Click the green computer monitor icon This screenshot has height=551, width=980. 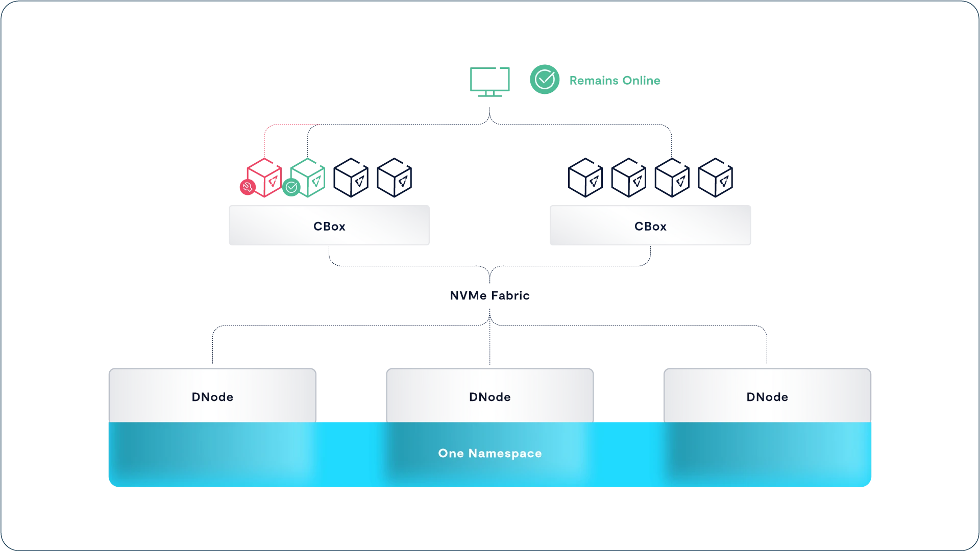(490, 82)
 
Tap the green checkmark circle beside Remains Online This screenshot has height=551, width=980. (545, 80)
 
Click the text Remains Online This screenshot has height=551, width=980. (615, 81)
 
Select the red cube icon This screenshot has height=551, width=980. (264, 178)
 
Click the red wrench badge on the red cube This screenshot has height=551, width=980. (248, 187)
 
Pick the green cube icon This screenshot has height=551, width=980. (307, 178)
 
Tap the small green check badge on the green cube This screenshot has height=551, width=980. (291, 188)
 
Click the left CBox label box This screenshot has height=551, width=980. (329, 226)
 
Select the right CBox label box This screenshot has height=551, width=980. (650, 226)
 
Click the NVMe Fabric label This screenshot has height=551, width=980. (490, 295)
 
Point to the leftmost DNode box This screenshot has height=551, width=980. (212, 396)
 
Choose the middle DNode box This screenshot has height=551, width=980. (490, 396)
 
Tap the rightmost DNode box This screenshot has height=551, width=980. (767, 396)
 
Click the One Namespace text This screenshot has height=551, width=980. (490, 453)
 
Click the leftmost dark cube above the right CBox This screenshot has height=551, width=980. (585, 178)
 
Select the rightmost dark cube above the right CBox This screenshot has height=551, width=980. (715, 178)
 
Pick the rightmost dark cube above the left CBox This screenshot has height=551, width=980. (394, 178)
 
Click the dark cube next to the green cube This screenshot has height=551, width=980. (351, 178)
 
